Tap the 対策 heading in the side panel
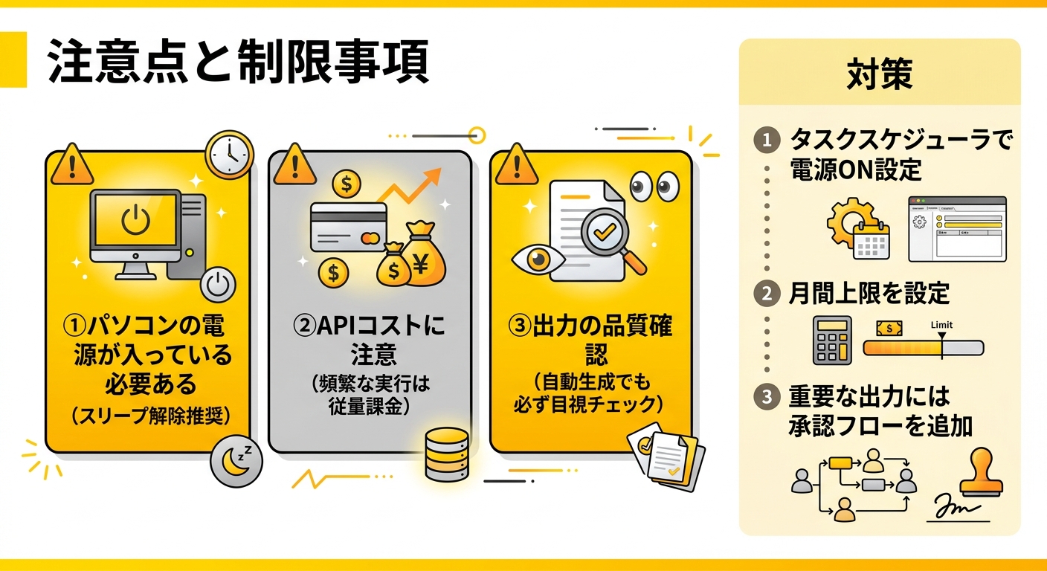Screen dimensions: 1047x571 click(879, 74)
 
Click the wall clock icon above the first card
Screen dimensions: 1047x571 click(229, 154)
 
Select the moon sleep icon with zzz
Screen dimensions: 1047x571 click(236, 461)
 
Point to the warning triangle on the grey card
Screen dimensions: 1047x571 click(294, 164)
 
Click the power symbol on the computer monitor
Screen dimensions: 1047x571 click(135, 220)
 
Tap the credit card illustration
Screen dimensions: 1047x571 click(349, 227)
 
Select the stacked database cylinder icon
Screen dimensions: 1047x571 click(447, 455)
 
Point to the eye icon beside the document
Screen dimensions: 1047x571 click(538, 259)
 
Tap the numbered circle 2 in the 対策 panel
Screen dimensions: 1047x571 click(767, 294)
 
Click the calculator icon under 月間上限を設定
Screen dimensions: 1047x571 click(832, 341)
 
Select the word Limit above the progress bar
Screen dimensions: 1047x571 click(941, 325)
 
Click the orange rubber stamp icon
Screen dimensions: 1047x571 click(982, 472)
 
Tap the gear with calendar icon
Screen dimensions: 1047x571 click(857, 228)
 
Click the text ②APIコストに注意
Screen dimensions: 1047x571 click(370, 340)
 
